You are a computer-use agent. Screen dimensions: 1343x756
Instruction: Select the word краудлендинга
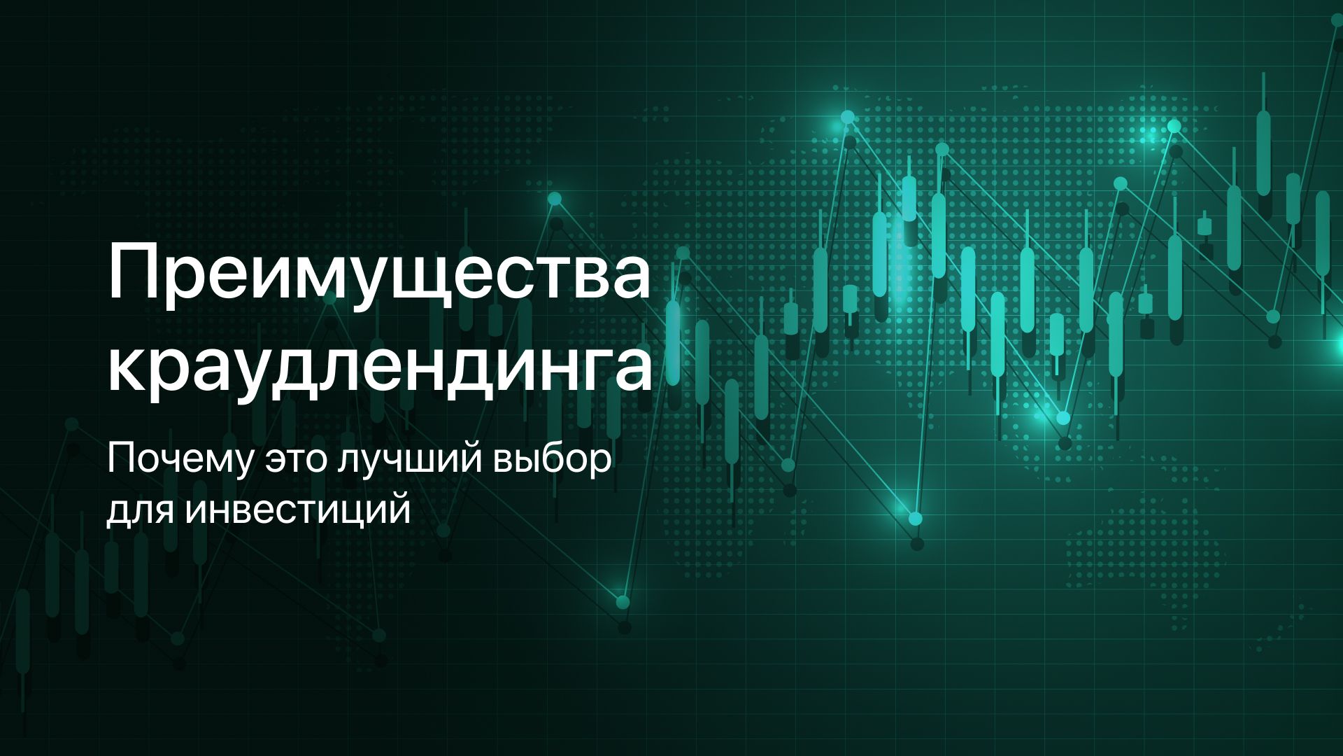coord(379,370)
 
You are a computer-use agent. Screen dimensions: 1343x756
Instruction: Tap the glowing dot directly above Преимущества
coord(555,199)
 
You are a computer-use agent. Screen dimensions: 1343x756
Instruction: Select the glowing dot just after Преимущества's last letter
coord(683,253)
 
